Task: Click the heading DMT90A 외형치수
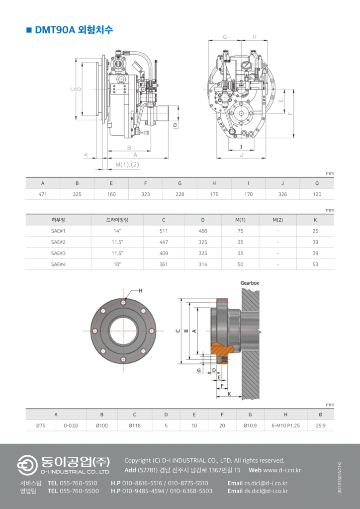click(x=74, y=30)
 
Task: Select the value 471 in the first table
click(x=43, y=194)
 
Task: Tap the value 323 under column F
click(x=145, y=194)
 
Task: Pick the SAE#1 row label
click(x=59, y=231)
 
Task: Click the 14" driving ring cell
click(x=117, y=231)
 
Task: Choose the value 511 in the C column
click(x=164, y=231)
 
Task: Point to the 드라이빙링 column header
click(x=117, y=220)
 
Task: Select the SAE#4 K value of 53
click(x=316, y=264)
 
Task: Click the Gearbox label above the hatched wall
click(x=250, y=283)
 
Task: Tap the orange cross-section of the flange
click(x=223, y=350)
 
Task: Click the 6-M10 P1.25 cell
click(x=285, y=425)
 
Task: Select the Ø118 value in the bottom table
click(x=134, y=425)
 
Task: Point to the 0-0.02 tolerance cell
click(x=71, y=425)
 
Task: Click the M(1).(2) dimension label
click(x=128, y=165)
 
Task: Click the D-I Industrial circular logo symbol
click(x=27, y=465)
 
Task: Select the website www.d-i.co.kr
click(x=281, y=470)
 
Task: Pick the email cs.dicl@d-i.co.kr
click(x=266, y=483)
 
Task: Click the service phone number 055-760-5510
click(x=79, y=483)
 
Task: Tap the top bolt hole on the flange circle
click(x=123, y=302)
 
